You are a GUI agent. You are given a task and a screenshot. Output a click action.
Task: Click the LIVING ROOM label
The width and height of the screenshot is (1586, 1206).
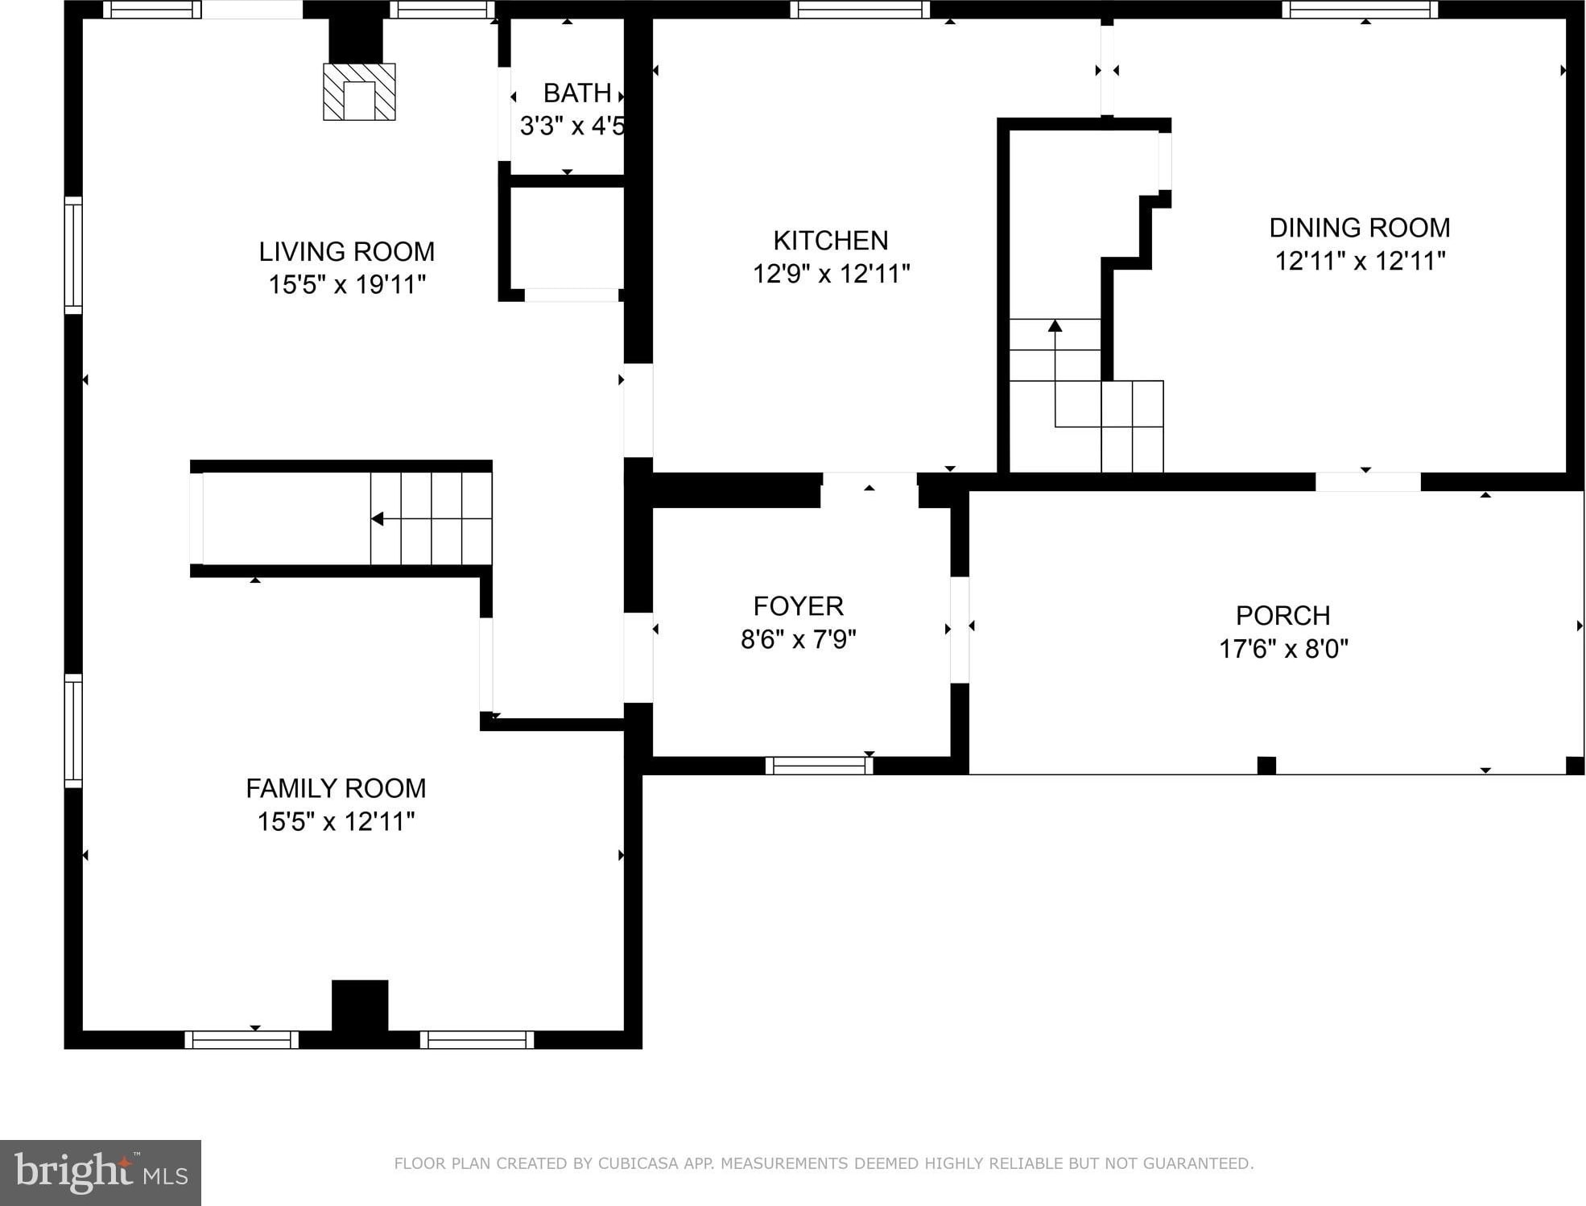click(346, 252)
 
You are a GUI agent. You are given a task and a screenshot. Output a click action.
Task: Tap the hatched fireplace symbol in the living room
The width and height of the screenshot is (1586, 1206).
click(359, 92)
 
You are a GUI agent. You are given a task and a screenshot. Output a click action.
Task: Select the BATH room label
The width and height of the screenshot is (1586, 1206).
click(577, 93)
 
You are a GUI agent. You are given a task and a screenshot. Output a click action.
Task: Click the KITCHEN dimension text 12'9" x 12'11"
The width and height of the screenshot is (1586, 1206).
click(831, 274)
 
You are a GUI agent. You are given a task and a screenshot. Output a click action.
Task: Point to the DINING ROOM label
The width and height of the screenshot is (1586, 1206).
click(1360, 228)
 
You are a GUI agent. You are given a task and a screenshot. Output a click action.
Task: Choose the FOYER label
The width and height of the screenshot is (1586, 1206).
click(799, 605)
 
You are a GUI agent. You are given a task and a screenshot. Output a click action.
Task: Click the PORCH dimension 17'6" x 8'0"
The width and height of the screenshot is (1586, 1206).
click(1283, 648)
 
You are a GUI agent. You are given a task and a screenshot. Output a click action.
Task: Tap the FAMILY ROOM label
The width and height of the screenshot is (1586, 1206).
click(336, 788)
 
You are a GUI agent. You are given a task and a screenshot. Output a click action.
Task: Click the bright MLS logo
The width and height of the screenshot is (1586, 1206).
click(101, 1172)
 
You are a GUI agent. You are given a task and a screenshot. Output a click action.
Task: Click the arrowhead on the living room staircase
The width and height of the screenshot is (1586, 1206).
click(377, 519)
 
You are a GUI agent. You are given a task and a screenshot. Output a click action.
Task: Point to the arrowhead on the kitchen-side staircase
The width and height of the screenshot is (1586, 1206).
click(1055, 325)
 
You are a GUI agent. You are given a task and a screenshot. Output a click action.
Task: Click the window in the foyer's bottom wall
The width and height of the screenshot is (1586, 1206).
click(820, 766)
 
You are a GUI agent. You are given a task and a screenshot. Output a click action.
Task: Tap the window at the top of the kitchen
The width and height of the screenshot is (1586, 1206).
click(860, 10)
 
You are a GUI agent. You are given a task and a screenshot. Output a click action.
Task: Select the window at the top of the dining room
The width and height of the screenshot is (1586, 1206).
click(1360, 10)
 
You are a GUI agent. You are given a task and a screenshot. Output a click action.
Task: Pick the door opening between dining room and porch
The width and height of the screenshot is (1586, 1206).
click(1368, 481)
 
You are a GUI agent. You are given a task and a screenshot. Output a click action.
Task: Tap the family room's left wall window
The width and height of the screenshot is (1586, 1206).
click(73, 731)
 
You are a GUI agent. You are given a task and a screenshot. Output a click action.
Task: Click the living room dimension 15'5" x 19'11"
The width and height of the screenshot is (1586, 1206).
click(346, 285)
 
